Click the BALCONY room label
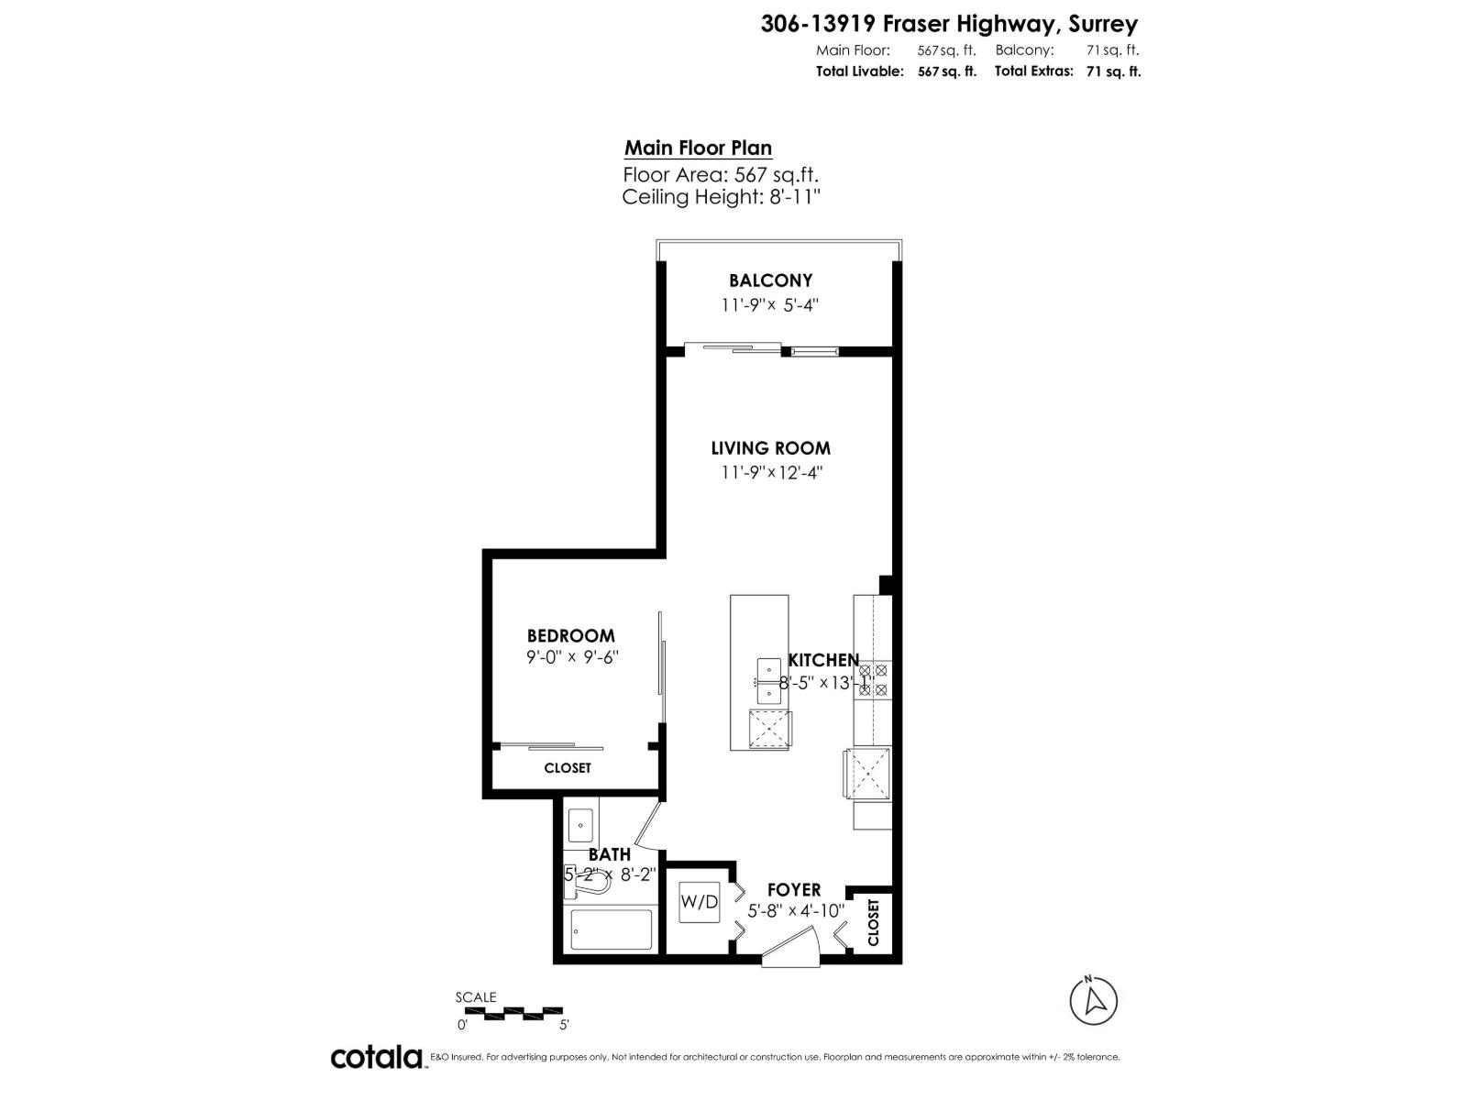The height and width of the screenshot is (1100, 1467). click(x=770, y=280)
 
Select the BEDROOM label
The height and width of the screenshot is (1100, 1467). click(x=570, y=635)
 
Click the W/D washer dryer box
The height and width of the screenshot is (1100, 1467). click(x=699, y=902)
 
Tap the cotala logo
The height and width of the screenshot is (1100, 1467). click(x=376, y=1057)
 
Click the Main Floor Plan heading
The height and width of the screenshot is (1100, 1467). click(x=698, y=148)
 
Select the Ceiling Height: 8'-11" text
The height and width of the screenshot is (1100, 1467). click(x=721, y=196)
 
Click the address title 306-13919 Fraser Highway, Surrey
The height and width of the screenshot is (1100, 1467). click(x=949, y=24)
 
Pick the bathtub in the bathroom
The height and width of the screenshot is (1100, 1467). click(x=611, y=929)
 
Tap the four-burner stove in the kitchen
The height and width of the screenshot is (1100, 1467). click(x=872, y=680)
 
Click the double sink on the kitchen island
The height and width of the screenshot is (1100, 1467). click(x=769, y=681)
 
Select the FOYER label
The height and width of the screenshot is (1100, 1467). click(x=794, y=890)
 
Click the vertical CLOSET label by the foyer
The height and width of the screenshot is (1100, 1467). click(x=873, y=922)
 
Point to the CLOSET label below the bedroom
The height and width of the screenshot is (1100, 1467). click(x=568, y=768)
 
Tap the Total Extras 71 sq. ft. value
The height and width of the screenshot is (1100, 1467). click(x=1113, y=71)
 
